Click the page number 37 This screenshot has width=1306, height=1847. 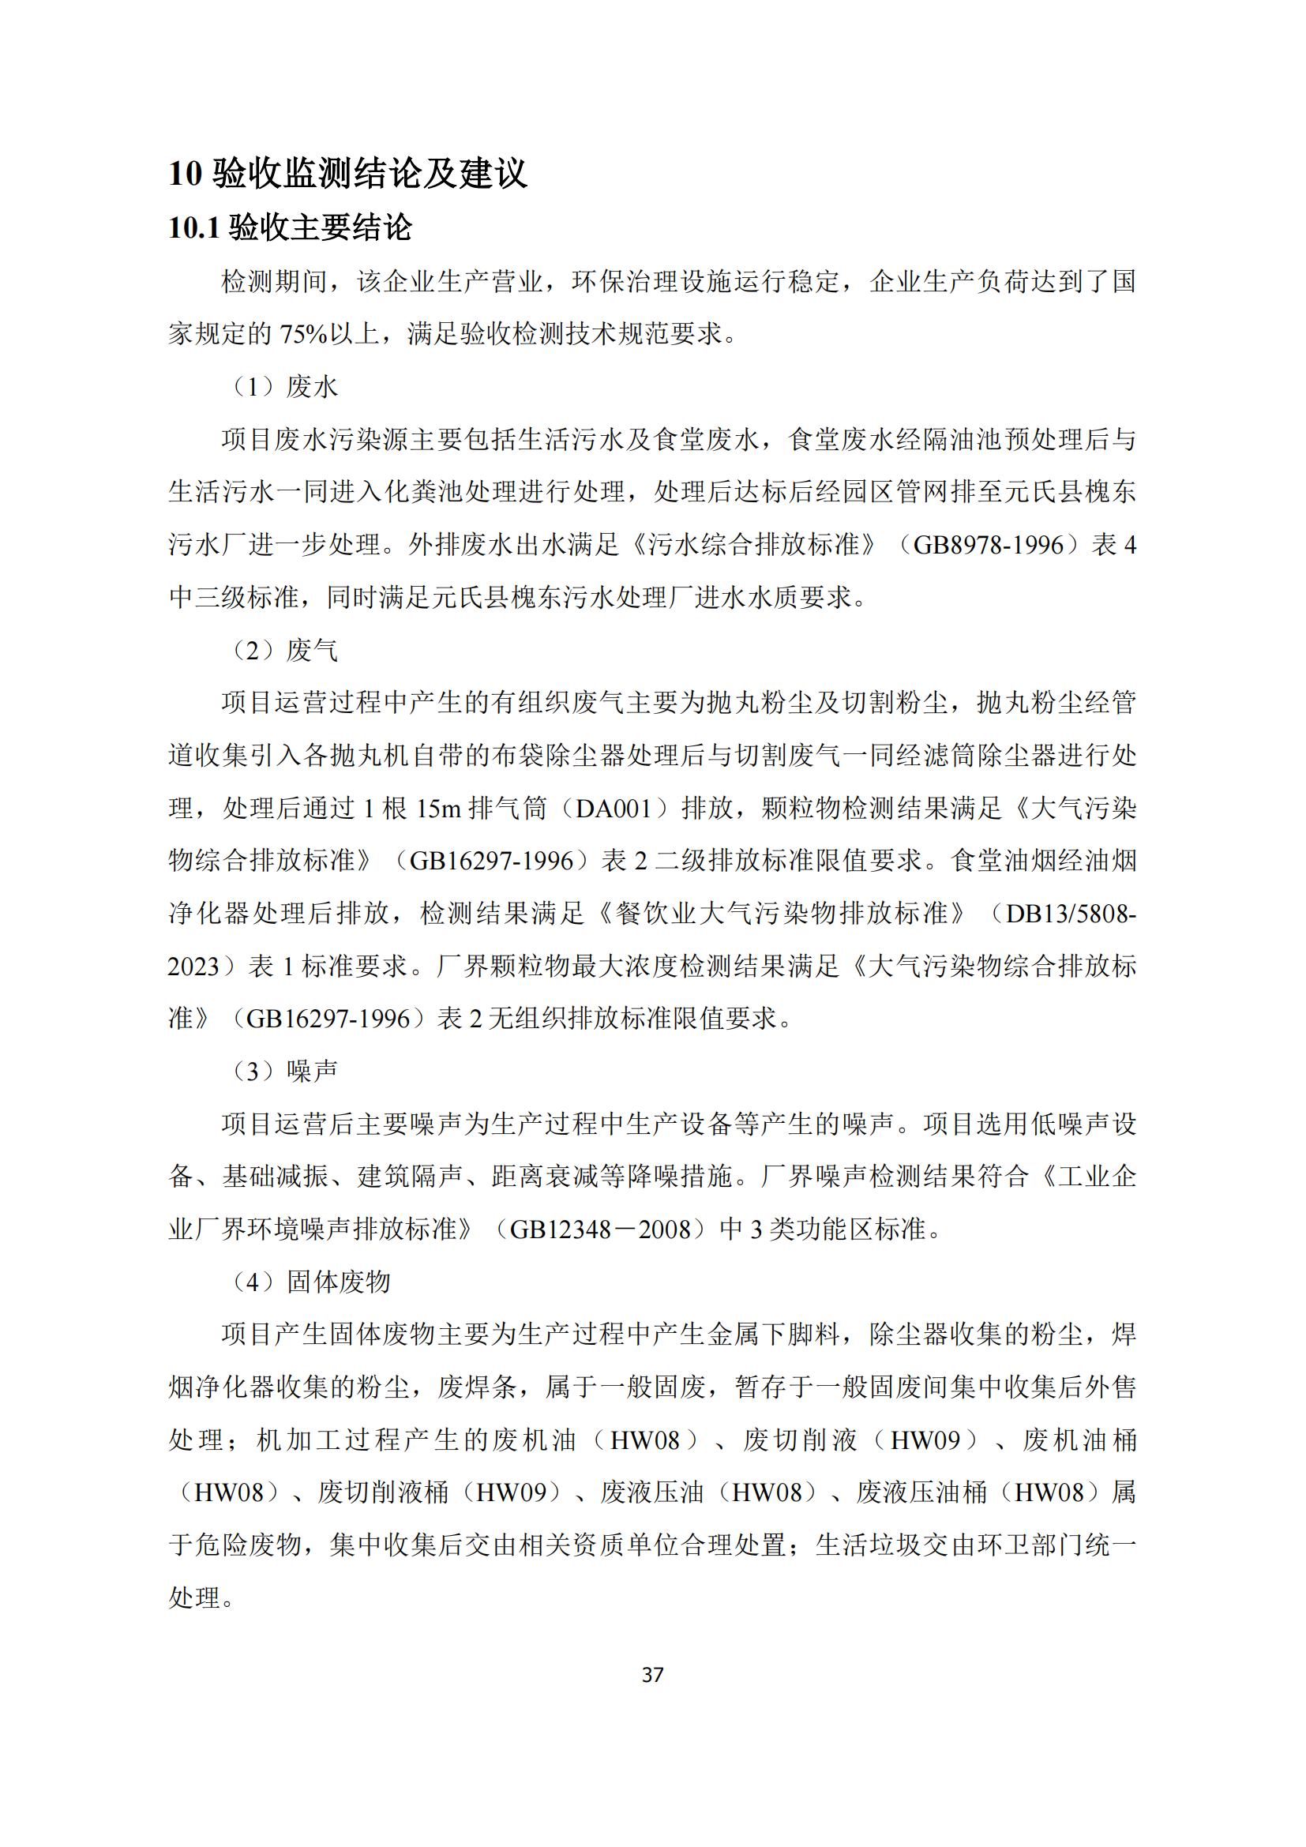(653, 1674)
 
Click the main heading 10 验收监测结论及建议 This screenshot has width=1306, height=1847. (347, 173)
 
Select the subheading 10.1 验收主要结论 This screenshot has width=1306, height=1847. (290, 227)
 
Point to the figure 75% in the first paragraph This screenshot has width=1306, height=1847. (303, 334)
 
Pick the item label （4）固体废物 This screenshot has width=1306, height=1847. (310, 1282)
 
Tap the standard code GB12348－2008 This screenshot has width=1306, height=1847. (600, 1229)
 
